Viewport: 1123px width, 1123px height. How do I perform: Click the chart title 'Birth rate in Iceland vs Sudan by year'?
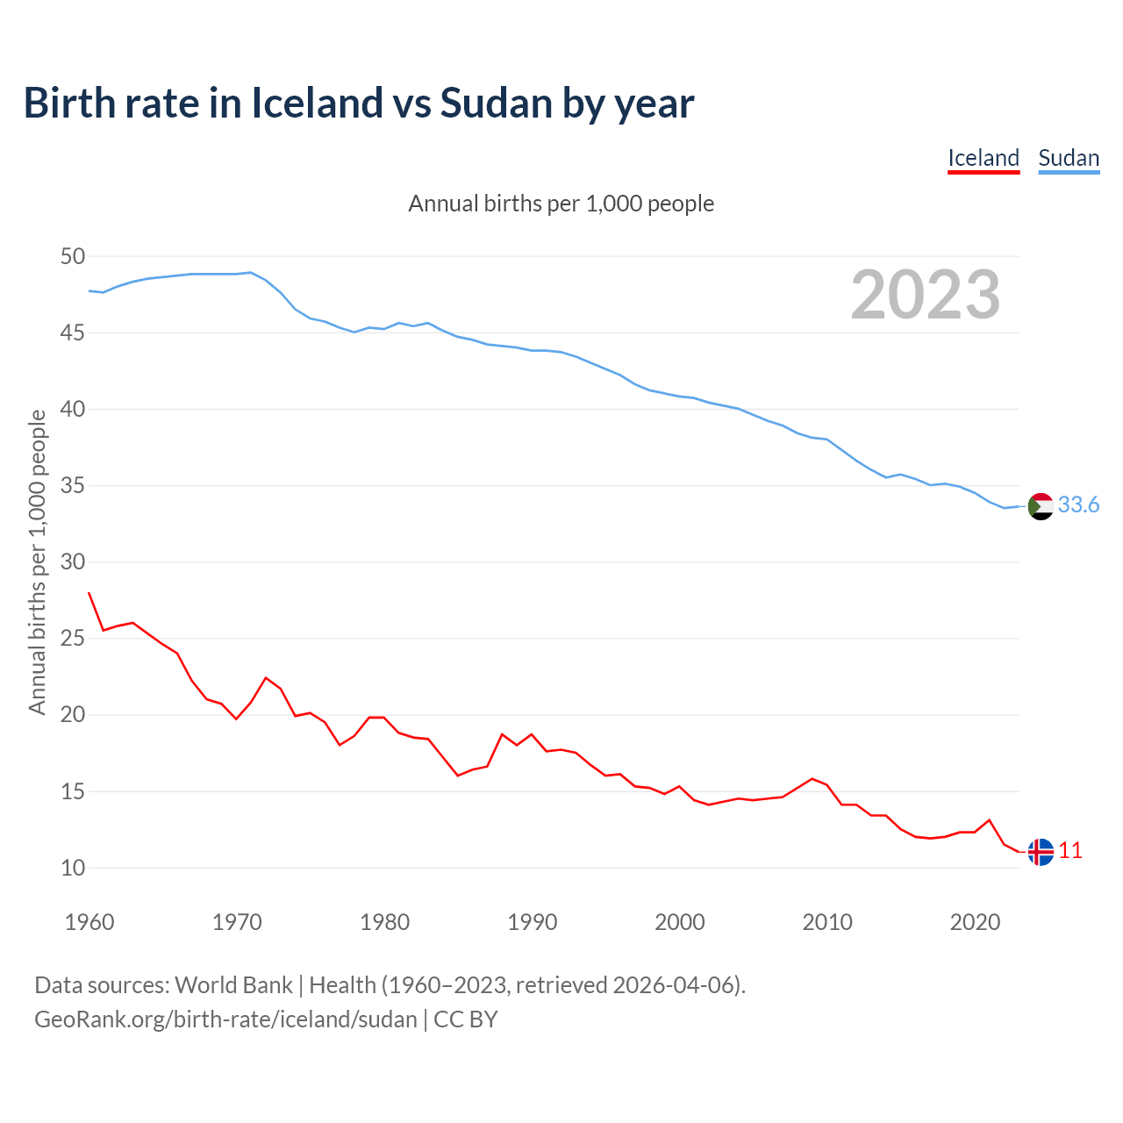pos(359,103)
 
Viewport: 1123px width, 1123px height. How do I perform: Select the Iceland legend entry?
pos(984,158)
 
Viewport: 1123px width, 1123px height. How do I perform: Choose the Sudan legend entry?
pos(1069,158)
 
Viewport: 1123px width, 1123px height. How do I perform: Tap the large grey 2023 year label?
pos(926,295)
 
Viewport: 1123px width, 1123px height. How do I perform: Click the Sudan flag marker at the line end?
pos(1041,506)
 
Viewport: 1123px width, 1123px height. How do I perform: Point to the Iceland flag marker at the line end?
pos(1041,852)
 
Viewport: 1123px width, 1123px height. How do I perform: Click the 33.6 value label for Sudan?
pos(1078,504)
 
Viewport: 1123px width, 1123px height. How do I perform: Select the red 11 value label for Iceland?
pos(1070,850)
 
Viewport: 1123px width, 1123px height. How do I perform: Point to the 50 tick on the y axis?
pos(73,256)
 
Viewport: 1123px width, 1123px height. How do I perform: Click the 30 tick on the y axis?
pos(73,561)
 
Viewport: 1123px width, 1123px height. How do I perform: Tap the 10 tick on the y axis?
pos(73,868)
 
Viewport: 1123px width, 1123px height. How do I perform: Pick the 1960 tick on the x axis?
pos(89,922)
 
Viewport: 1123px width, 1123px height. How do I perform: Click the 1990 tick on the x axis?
pos(533,922)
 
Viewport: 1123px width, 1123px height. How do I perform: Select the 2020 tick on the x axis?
pos(975,922)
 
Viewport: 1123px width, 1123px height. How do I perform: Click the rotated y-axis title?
pos(37,561)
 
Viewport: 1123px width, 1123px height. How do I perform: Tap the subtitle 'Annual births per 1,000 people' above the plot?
pos(561,204)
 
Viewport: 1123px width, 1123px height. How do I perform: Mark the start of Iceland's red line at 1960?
pos(89,593)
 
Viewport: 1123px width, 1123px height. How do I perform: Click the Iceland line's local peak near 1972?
pos(266,677)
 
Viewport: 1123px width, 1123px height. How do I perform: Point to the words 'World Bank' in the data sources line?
pos(233,984)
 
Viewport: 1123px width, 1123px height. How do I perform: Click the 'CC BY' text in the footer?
pos(466,1019)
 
